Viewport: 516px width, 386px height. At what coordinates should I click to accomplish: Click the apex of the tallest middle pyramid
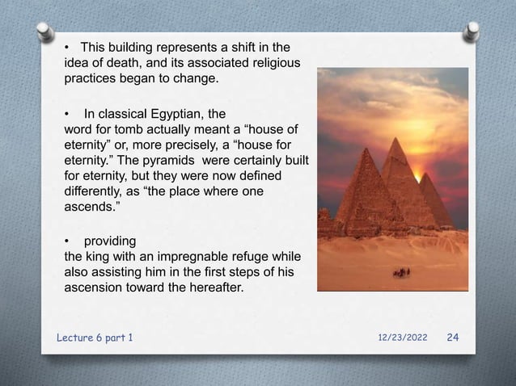click(x=395, y=139)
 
